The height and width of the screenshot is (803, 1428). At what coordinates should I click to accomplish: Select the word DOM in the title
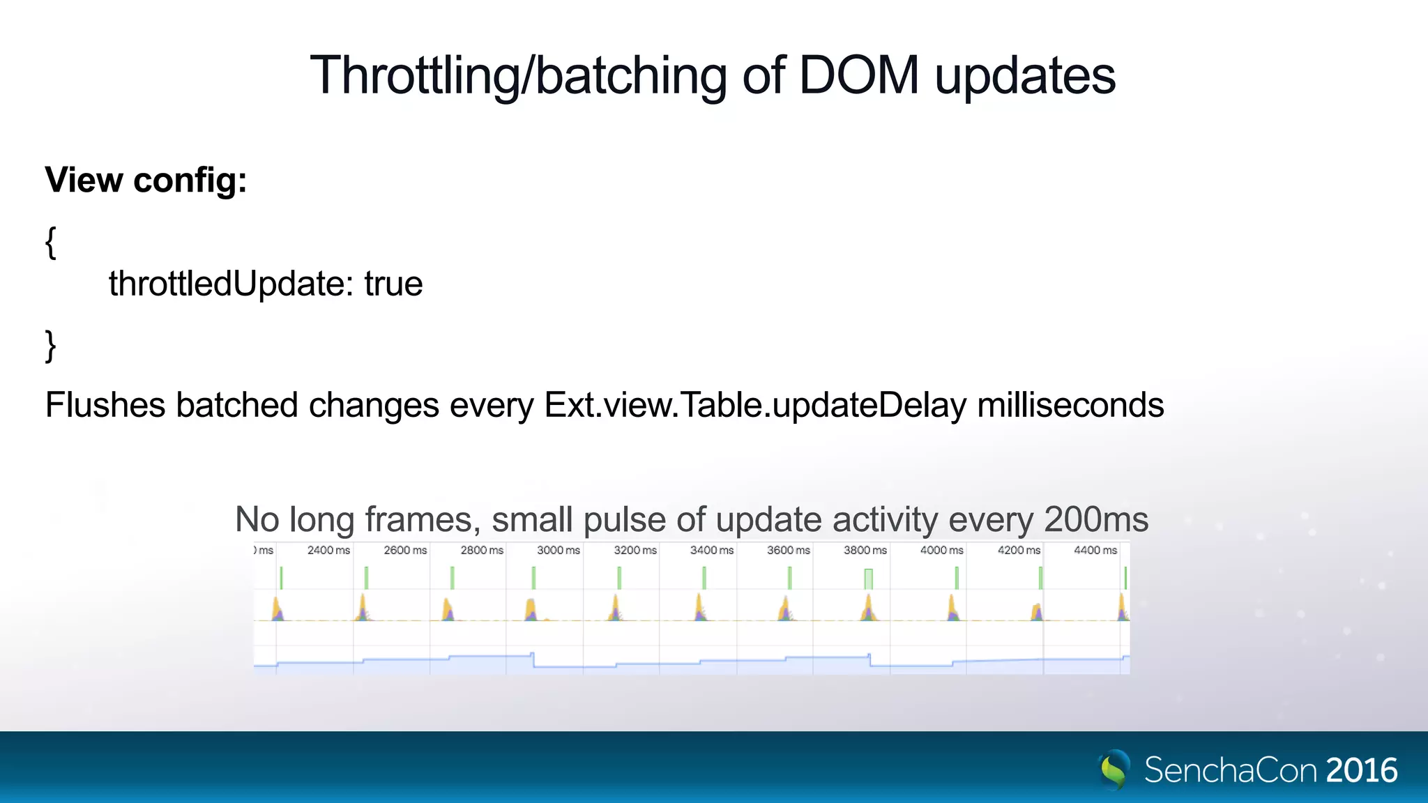858,75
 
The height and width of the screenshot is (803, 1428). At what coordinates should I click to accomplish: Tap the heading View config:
146,180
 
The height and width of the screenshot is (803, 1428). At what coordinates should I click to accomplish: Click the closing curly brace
50,345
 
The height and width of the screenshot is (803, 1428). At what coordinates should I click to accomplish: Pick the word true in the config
393,284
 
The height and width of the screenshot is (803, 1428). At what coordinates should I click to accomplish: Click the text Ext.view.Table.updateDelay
755,405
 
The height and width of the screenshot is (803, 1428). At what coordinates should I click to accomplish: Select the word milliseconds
1070,405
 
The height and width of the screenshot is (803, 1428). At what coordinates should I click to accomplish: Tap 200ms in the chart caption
1096,519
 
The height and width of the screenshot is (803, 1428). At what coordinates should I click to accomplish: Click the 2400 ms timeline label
328,550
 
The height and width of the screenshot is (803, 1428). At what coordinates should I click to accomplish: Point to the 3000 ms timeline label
558,550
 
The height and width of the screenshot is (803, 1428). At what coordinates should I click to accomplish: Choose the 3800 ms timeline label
865,550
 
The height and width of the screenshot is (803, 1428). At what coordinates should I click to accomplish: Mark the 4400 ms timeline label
1095,550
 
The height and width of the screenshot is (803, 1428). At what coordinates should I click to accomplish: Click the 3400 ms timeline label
711,550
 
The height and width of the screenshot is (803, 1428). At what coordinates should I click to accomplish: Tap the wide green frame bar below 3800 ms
868,579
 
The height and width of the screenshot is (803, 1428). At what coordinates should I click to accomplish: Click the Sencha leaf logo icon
1114,769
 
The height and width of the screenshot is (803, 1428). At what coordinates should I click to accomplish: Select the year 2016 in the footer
1362,770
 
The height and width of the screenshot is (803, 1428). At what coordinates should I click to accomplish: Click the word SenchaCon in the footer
1231,770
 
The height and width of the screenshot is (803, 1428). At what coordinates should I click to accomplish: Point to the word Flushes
105,405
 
